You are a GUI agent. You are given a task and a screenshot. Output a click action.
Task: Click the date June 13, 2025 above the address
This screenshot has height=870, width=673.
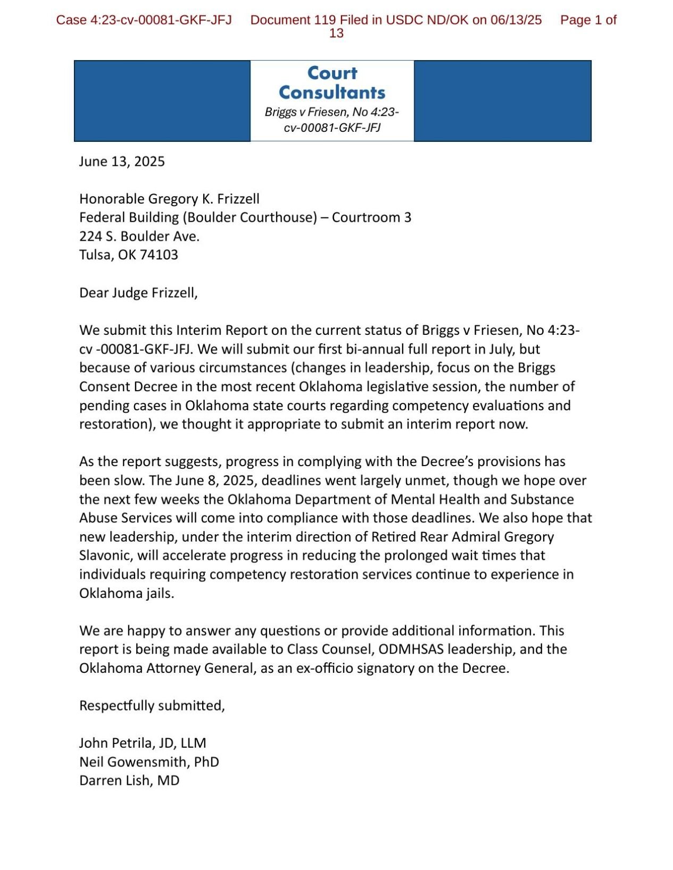(122, 162)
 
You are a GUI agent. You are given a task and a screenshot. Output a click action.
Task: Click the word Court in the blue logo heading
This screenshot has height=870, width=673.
(332, 73)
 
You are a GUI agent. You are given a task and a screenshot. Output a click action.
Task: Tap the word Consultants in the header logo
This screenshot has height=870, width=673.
(332, 92)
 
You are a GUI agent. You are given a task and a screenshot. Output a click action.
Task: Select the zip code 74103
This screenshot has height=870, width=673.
(159, 255)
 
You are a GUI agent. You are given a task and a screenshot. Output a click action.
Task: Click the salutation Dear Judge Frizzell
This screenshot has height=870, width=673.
(138, 293)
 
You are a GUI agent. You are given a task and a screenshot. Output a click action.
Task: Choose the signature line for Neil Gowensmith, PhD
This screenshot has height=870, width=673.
(149, 762)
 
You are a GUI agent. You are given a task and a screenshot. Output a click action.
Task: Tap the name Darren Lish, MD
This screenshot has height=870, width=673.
(129, 781)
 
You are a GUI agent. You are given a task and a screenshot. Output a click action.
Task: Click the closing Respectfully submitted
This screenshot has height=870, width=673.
(152, 706)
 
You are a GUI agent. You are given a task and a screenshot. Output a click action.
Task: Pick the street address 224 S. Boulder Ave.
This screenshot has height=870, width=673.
(139, 236)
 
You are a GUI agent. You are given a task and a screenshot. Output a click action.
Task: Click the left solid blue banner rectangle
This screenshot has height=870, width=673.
(162, 101)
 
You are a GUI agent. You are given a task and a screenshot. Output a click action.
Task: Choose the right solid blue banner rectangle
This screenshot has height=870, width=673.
(502, 101)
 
